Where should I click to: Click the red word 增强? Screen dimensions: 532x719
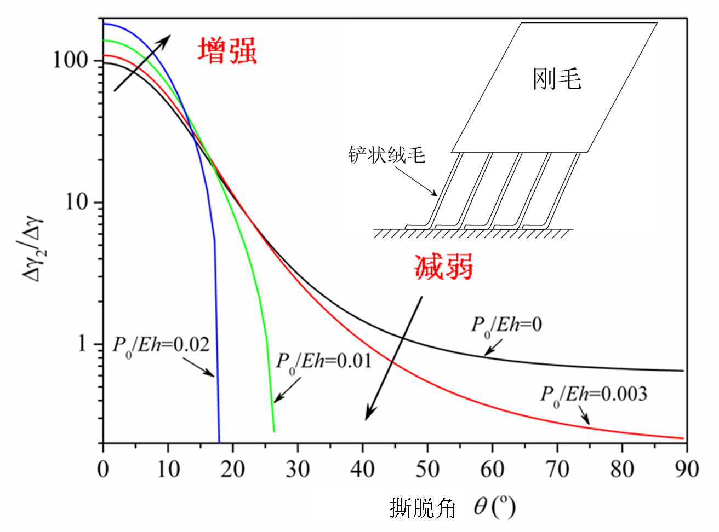click(x=227, y=51)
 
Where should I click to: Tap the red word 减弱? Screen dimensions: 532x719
click(x=443, y=268)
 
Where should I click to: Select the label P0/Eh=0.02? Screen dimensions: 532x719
click(x=161, y=345)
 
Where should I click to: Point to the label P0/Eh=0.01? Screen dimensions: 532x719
click(x=324, y=362)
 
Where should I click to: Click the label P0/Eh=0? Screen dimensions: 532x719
click(x=506, y=325)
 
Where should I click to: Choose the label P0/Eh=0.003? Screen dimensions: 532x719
click(x=594, y=394)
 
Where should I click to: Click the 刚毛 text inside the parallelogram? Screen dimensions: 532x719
click(x=557, y=79)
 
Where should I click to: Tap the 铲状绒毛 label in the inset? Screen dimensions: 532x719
click(x=387, y=155)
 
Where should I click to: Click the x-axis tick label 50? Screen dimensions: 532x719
click(x=427, y=470)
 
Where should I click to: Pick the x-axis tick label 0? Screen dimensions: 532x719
click(x=103, y=470)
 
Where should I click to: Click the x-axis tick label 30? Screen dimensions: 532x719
click(x=298, y=470)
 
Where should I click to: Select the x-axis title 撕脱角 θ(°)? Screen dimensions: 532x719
click(x=453, y=508)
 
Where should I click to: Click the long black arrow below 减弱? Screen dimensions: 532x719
click(x=393, y=358)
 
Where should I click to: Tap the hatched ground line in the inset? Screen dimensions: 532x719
click(x=473, y=233)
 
